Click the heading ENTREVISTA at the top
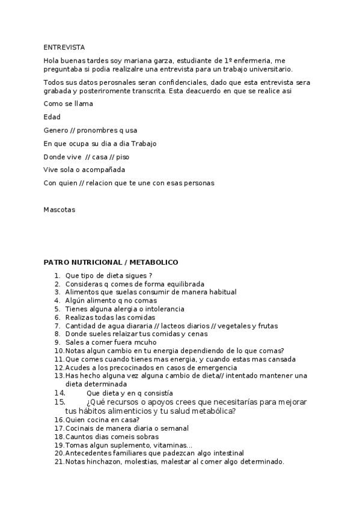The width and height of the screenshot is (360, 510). pyautogui.click(x=64, y=47)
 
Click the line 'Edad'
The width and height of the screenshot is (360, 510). pyautogui.click(x=52, y=117)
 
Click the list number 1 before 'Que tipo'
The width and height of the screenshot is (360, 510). pyautogui.click(x=56, y=275)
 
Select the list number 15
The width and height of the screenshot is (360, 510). pyautogui.click(x=59, y=401)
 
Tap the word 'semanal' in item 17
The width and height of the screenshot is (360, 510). pyautogui.click(x=174, y=428)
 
